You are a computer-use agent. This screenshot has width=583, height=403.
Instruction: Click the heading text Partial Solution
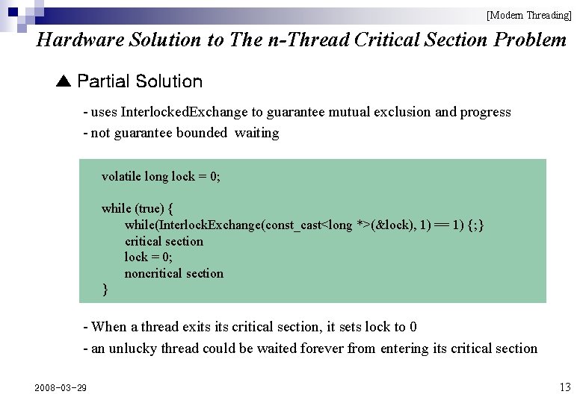tap(140, 81)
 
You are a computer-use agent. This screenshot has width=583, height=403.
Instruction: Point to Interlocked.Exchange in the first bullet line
tap(184, 112)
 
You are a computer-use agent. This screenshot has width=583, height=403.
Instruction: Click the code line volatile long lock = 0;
tap(161, 177)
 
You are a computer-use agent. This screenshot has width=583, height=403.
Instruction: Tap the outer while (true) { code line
tap(138, 208)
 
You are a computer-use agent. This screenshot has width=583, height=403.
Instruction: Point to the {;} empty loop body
tap(475, 225)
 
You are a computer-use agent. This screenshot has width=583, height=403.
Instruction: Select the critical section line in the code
tap(164, 241)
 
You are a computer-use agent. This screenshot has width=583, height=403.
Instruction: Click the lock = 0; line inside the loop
tap(148, 257)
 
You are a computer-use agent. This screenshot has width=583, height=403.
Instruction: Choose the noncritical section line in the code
tap(173, 274)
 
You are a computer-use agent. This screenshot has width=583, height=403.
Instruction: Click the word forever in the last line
tap(326, 349)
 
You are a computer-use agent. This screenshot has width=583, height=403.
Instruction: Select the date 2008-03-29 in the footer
tap(61, 387)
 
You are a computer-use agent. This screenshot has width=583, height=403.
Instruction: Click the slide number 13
tap(564, 387)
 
